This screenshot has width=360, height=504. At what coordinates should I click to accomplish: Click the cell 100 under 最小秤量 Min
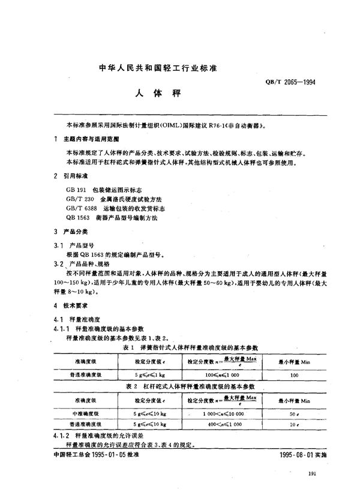[x=293, y=374]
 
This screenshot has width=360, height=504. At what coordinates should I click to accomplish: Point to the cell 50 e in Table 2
[x=293, y=413]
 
